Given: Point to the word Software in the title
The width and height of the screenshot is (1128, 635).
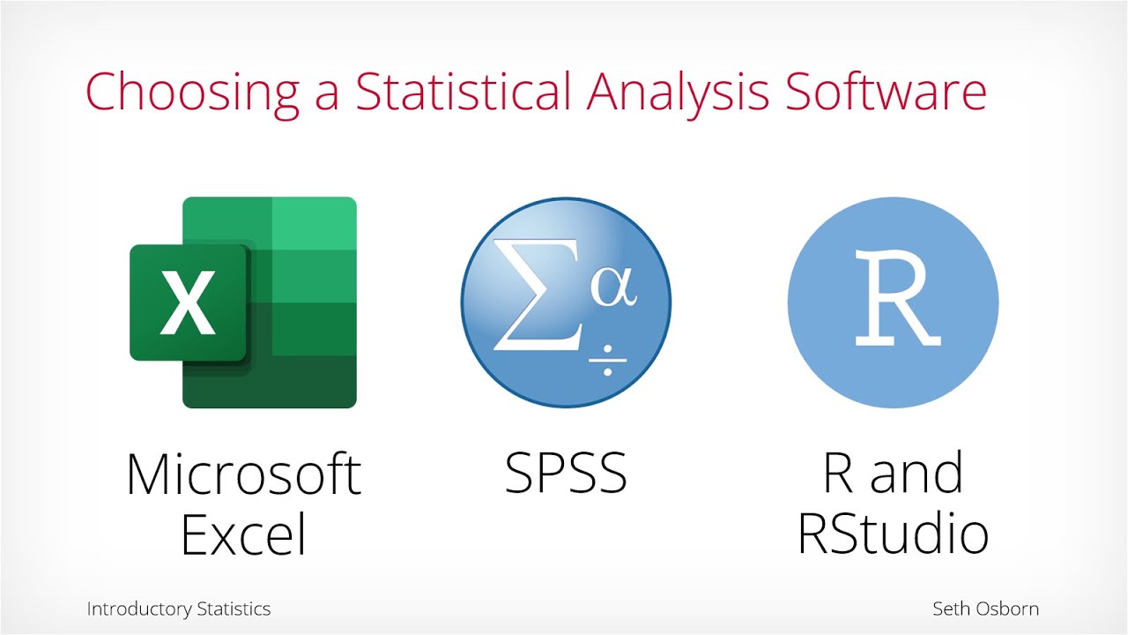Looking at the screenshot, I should pos(885,91).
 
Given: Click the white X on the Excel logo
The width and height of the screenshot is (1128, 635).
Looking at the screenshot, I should pos(187,303).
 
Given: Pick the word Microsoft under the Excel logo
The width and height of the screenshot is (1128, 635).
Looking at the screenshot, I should pos(243,474).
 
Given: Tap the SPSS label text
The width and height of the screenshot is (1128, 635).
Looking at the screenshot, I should pos(566,474).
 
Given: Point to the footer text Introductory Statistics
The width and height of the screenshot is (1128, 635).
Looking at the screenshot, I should pos(179,609).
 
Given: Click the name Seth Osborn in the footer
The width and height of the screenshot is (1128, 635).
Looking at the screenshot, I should pos(985,609).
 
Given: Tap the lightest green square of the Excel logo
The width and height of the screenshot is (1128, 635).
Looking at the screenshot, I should pos(314,224).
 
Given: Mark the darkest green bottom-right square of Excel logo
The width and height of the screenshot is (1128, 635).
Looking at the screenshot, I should pos(314,381).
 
